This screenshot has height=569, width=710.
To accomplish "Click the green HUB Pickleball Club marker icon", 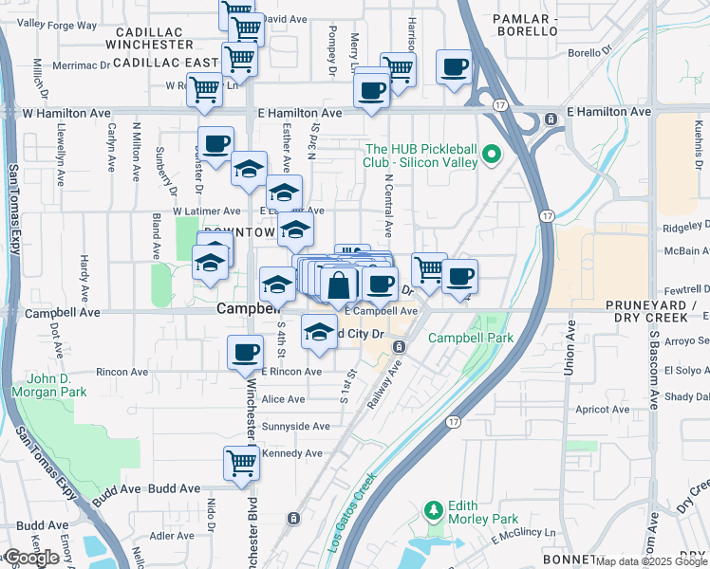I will click(x=492, y=154).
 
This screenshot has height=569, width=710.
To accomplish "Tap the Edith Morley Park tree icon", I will click(x=435, y=512).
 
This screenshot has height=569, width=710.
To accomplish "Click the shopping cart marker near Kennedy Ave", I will click(x=241, y=464).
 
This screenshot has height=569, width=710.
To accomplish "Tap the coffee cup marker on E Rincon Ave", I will click(x=245, y=352).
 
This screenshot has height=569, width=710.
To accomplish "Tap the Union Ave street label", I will click(x=570, y=352).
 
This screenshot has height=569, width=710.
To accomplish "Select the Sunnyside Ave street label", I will click(x=296, y=427).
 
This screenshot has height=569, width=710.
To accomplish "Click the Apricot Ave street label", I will click(x=603, y=410).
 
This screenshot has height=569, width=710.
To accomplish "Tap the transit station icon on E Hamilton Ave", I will click(x=551, y=119).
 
